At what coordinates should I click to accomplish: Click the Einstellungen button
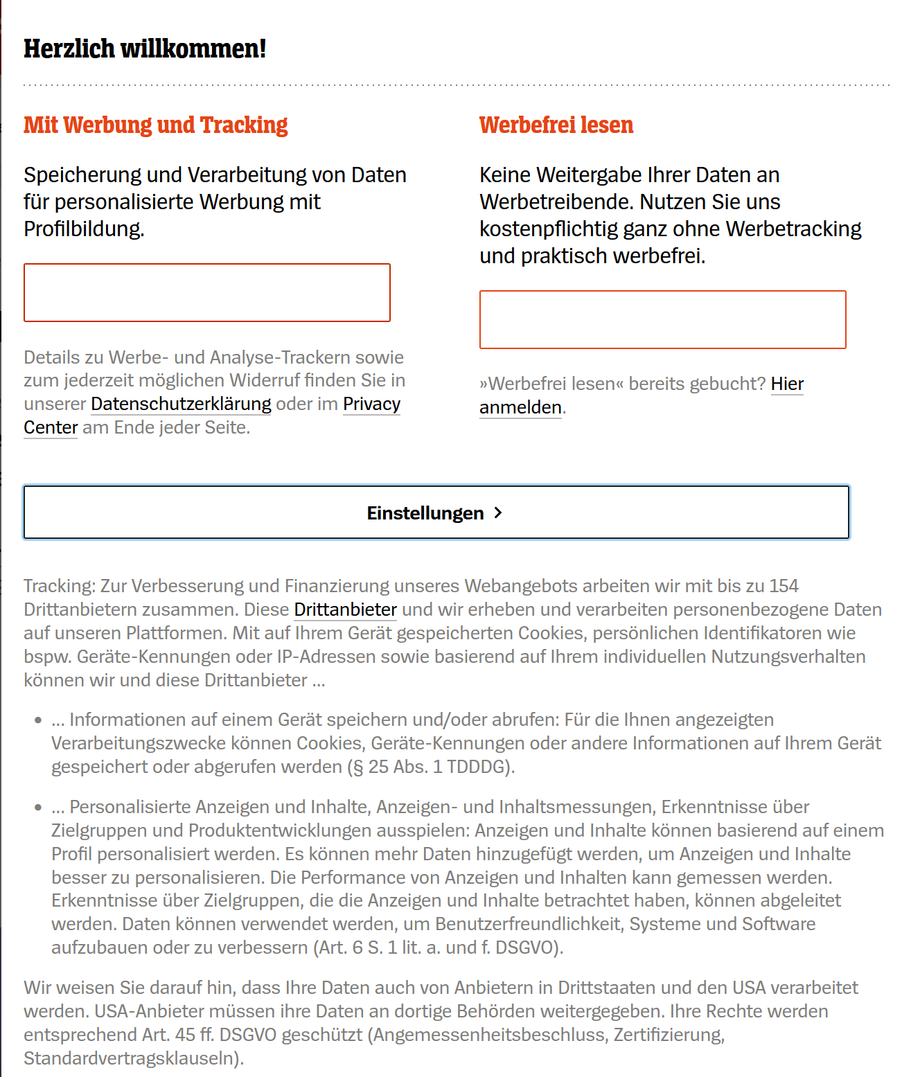click(x=436, y=513)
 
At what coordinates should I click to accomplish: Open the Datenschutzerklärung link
click(x=181, y=404)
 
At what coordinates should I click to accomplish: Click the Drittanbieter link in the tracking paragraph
click(x=345, y=609)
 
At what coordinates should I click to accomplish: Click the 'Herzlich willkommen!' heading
click(x=145, y=48)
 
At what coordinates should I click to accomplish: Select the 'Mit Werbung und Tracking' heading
click(x=155, y=125)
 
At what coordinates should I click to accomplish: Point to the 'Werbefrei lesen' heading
click(x=556, y=125)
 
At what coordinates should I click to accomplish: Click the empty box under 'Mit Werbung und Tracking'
click(x=207, y=292)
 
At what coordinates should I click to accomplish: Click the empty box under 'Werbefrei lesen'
click(x=662, y=319)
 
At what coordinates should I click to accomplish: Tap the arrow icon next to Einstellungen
click(x=498, y=513)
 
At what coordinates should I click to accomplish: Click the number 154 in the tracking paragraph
click(x=784, y=586)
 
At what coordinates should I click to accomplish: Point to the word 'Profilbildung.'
click(x=84, y=229)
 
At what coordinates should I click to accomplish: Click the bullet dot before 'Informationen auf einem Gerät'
click(x=38, y=720)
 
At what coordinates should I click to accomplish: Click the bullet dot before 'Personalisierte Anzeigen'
click(x=38, y=808)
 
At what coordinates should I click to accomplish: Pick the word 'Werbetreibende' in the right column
click(x=554, y=202)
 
